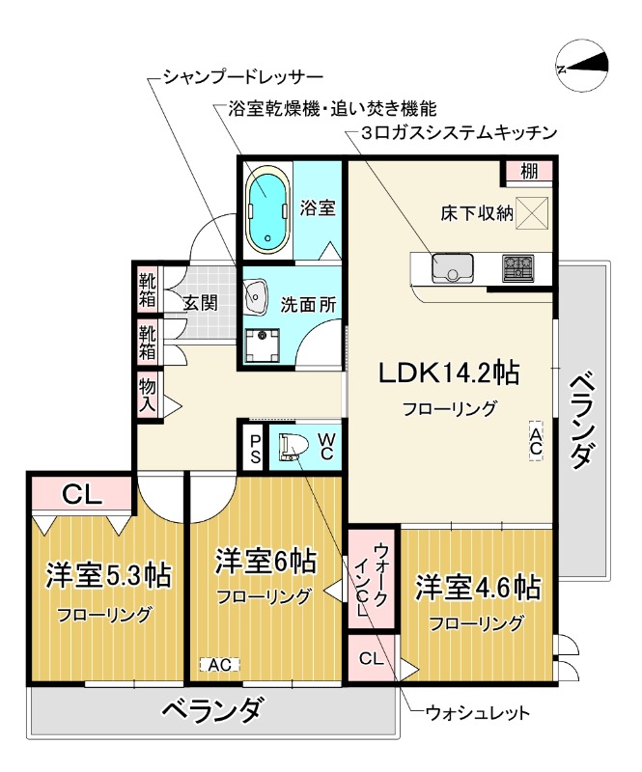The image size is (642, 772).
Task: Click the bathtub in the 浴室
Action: click(267, 208)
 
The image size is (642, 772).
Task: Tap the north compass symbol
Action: click(583, 66)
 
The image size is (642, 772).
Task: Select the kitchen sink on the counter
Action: click(451, 266)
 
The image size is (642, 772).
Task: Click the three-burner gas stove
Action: click(518, 266)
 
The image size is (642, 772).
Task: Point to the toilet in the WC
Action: click(292, 448)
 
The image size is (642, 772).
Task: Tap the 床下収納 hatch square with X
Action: click(532, 211)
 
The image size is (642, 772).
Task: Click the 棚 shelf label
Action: click(529, 173)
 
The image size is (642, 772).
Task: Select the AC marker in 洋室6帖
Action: click(218, 664)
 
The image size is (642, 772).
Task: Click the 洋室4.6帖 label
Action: click(477, 587)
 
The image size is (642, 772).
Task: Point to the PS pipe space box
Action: click(255, 449)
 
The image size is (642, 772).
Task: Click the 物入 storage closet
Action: click(148, 396)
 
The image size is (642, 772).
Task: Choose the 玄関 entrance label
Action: click(201, 302)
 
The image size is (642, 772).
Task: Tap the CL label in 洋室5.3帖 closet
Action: click(82, 495)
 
